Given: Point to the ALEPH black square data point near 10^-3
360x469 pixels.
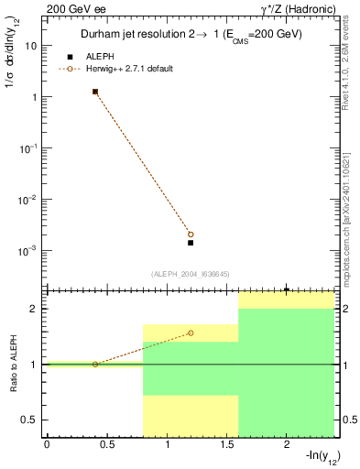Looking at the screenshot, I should (191, 243).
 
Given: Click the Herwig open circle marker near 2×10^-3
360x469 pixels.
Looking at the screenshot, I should (191, 234).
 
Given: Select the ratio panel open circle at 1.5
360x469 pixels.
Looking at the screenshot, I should (191, 333).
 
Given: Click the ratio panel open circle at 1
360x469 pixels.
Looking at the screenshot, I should (95, 365).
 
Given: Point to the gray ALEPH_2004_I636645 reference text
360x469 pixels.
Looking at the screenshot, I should (190, 274).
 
